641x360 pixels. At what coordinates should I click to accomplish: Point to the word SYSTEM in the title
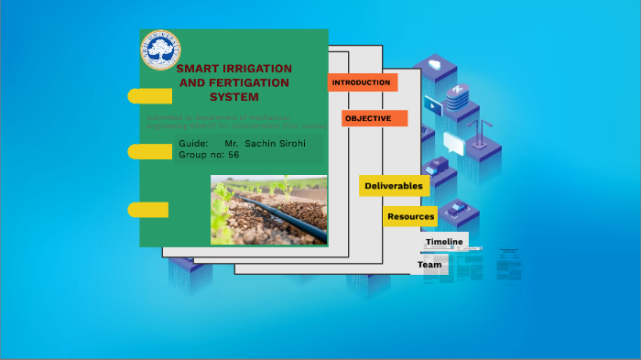pos(234,96)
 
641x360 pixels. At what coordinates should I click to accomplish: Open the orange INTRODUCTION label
pos(362,82)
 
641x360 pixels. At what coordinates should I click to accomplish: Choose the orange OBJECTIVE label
pos(368,118)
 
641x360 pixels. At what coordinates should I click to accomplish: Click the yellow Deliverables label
pos(394,186)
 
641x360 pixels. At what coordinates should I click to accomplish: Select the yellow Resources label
pos(410,217)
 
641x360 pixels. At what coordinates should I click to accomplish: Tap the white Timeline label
pos(444,242)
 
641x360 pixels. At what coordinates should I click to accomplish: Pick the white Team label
pos(429,265)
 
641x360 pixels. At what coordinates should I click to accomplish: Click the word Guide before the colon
pos(193,145)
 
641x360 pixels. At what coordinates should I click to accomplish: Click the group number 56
pos(234,155)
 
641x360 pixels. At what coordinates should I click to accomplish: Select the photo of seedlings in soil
pos(268,210)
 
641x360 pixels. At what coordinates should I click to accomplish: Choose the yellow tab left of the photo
pos(147,210)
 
